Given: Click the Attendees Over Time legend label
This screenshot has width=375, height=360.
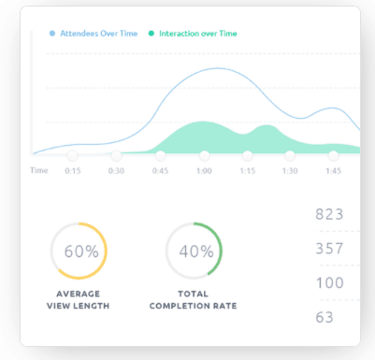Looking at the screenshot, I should click(x=98, y=33).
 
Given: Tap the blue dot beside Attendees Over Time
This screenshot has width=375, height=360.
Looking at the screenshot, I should click(x=52, y=33).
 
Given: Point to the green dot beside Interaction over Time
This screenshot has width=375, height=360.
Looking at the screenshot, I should click(x=151, y=33).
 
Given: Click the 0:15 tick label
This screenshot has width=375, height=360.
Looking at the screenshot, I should click(x=72, y=171).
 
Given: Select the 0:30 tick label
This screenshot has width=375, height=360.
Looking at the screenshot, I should click(x=116, y=171).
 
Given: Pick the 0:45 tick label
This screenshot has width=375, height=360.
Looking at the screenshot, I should click(x=160, y=171).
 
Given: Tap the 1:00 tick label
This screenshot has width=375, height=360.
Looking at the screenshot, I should click(x=204, y=171).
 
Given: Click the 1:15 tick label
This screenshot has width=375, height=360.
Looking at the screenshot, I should click(x=247, y=171).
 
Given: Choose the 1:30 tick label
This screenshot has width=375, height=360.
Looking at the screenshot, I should click(x=290, y=171).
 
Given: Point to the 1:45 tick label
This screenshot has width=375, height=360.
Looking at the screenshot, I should click(x=333, y=171).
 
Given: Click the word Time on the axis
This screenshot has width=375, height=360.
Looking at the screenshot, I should click(x=38, y=171).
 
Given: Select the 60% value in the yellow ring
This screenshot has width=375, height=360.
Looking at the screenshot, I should click(x=81, y=252).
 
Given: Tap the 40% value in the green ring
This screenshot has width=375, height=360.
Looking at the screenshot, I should click(x=196, y=252).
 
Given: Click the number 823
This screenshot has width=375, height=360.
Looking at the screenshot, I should click(x=330, y=214).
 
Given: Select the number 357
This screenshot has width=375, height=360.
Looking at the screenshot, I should click(x=330, y=249).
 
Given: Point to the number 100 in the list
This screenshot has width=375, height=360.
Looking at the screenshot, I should click(x=330, y=283).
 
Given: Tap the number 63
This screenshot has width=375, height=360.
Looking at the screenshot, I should click(x=325, y=318).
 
